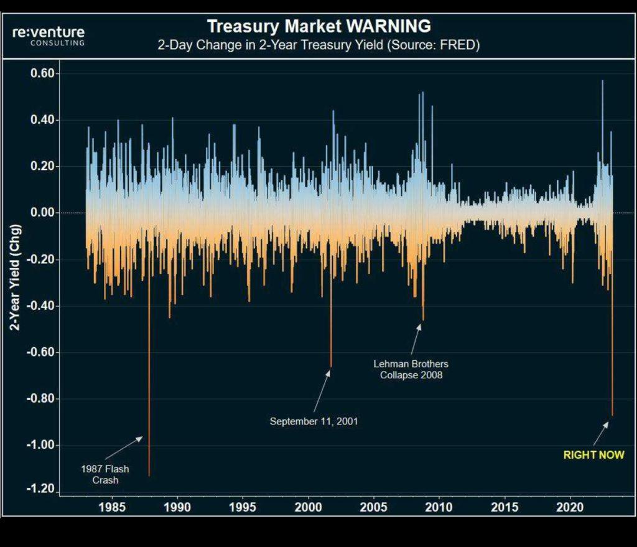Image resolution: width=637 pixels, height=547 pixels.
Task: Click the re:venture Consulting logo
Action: point(49,35)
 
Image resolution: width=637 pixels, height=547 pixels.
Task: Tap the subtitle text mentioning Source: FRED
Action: point(318,45)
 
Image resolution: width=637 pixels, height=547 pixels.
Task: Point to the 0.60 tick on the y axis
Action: point(44,73)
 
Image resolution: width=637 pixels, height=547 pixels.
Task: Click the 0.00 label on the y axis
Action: point(44,213)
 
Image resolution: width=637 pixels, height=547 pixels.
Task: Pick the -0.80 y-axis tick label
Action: point(42,399)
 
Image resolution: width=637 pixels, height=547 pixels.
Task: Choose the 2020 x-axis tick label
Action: point(571,507)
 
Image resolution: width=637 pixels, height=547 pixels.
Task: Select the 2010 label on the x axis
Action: point(440,507)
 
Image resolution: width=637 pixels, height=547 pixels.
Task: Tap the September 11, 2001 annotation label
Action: point(314,421)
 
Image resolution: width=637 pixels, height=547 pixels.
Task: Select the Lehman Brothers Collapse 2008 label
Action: point(411,369)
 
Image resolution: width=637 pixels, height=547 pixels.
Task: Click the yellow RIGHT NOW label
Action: point(593,455)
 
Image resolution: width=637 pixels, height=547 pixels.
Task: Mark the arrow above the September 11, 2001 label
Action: point(322,391)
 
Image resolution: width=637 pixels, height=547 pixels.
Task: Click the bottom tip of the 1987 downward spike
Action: point(149,476)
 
